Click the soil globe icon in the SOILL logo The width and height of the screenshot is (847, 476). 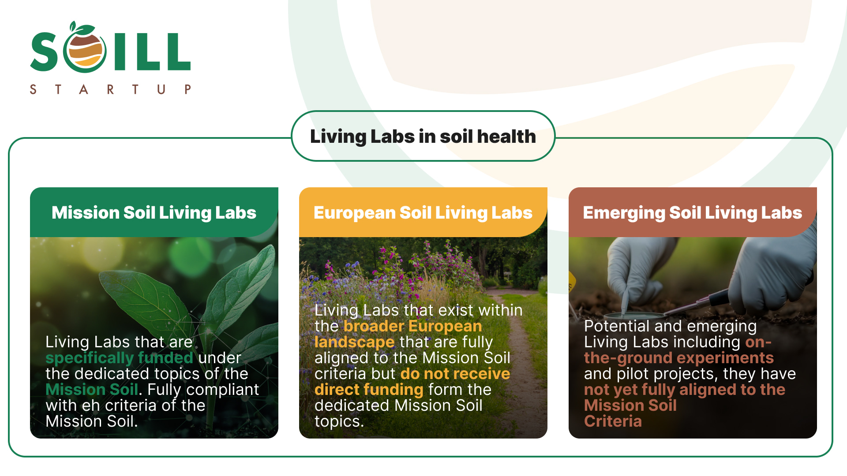pyautogui.click(x=85, y=51)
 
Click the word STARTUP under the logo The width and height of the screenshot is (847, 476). pyautogui.click(x=110, y=89)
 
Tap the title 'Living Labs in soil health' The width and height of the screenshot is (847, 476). pyautogui.click(x=423, y=137)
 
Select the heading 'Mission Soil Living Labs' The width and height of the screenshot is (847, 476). pyautogui.click(x=154, y=213)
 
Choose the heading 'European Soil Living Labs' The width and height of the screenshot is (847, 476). pyautogui.click(x=423, y=213)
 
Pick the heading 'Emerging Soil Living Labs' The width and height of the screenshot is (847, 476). pyautogui.click(x=692, y=213)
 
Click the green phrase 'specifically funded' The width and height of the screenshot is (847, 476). pyautogui.click(x=119, y=358)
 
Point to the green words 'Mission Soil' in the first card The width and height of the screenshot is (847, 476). pyautogui.click(x=92, y=390)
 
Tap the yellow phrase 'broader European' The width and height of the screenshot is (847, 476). pyautogui.click(x=412, y=326)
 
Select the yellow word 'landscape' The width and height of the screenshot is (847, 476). pyautogui.click(x=354, y=342)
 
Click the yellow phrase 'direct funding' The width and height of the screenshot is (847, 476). pyautogui.click(x=369, y=390)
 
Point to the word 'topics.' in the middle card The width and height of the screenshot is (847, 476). pyautogui.click(x=339, y=421)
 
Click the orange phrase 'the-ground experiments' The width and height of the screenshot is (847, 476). pyautogui.click(x=678, y=358)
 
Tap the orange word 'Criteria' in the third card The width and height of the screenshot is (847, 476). pyautogui.click(x=613, y=421)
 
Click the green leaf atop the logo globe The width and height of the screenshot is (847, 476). pyautogui.click(x=83, y=29)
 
